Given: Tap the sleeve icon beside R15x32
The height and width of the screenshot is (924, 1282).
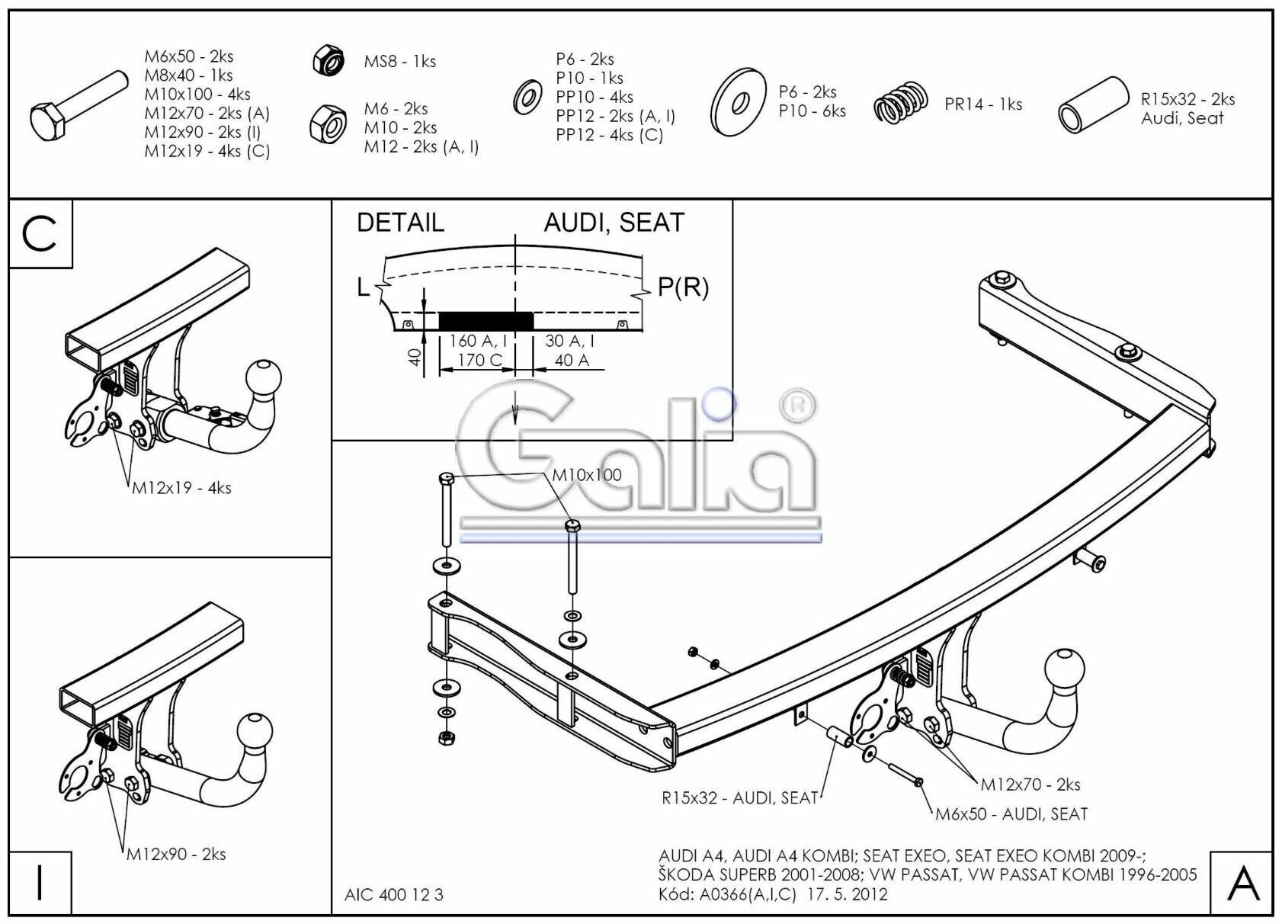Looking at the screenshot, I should point(1093,104).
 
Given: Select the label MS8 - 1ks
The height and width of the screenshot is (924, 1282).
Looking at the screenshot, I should point(399,62).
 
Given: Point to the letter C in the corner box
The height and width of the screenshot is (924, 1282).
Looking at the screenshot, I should point(40,234).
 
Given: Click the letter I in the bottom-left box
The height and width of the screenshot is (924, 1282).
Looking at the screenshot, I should point(40,881).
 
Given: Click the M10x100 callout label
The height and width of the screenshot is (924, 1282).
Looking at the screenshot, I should point(586,475).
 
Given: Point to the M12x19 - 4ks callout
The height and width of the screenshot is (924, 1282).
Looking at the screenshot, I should point(181,488).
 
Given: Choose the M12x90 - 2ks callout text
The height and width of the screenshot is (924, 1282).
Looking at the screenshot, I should point(176,854).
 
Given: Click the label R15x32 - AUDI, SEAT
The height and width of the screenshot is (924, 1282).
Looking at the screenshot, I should point(739,798).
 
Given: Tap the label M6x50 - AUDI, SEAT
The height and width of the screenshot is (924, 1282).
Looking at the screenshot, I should point(1011,814).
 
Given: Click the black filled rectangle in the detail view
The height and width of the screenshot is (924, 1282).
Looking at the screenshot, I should point(486,319).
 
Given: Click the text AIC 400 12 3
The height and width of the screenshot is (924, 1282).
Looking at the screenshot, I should point(393,894).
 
